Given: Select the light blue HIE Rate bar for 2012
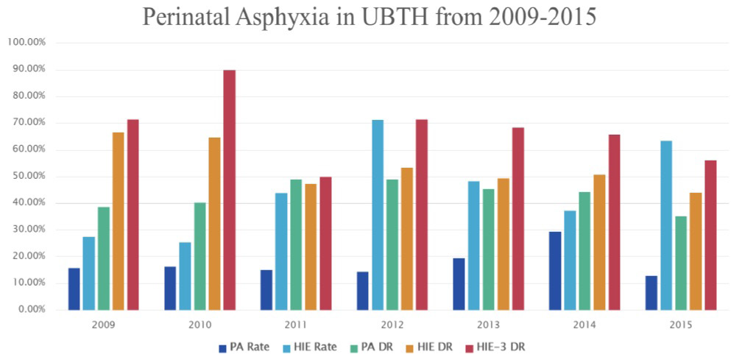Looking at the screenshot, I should click(378, 215).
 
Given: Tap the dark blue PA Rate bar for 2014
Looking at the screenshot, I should click(555, 271).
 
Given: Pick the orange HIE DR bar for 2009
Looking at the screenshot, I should click(119, 221).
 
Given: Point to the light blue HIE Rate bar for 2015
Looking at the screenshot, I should click(666, 225).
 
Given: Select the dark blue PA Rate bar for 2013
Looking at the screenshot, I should click(459, 284).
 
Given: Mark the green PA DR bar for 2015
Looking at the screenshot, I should click(681, 263).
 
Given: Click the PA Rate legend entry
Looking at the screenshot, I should click(245, 346).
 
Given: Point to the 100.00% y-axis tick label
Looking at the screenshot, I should click(26, 43).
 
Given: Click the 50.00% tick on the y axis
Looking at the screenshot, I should click(29, 177).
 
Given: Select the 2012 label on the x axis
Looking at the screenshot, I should click(392, 324).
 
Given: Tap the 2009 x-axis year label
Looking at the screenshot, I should click(103, 324).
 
